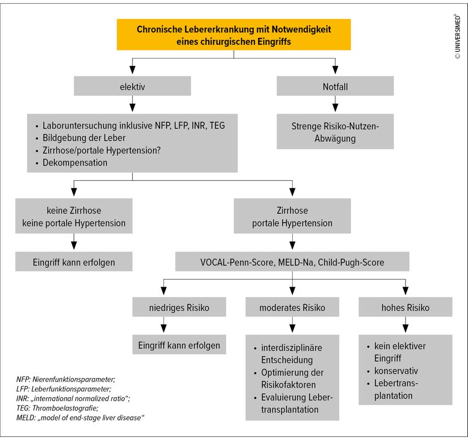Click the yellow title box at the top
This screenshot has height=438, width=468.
[233, 35]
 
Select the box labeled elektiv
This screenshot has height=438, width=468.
[132, 86]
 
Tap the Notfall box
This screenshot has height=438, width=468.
[335, 86]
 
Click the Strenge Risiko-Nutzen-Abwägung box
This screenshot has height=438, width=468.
[335, 132]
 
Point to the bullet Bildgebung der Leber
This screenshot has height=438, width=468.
[84, 138]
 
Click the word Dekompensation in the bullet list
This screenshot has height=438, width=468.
[75, 163]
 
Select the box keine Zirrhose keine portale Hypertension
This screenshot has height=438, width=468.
[74, 216]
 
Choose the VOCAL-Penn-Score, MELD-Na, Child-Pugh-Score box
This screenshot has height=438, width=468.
[292, 261]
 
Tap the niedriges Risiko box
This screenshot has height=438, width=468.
[179, 307]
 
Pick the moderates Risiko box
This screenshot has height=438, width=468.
[292, 307]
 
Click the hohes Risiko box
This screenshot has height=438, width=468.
[406, 307]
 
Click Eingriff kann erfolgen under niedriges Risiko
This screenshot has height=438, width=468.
[179, 345]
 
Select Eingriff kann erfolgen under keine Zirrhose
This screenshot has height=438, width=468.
[74, 261]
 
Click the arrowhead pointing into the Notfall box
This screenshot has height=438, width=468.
[335, 70]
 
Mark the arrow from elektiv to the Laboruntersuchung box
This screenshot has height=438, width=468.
[132, 104]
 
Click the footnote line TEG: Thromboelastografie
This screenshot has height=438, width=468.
[58, 408]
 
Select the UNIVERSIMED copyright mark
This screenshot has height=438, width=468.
[458, 36]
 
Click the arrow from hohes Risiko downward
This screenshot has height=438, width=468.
[406, 325]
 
